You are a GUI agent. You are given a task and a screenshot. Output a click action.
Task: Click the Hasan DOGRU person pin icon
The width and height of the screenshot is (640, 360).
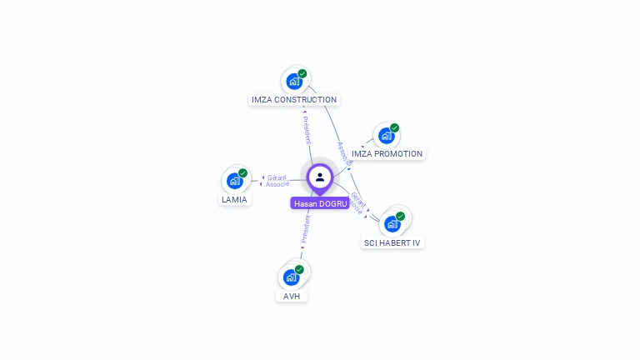(320, 177)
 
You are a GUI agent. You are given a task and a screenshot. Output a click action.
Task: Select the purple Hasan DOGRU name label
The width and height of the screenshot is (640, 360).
(321, 203)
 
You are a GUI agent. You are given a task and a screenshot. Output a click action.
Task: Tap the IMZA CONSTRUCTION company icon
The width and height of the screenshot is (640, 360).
(293, 81)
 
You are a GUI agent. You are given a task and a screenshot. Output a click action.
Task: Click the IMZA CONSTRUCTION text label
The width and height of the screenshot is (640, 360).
(294, 100)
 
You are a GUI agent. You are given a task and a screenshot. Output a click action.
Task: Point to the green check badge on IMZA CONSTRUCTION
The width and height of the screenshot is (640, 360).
(302, 73)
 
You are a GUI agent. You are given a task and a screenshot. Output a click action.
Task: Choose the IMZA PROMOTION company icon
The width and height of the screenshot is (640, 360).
(386, 136)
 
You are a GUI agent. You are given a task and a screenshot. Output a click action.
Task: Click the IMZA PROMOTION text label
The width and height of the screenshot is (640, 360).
(387, 154)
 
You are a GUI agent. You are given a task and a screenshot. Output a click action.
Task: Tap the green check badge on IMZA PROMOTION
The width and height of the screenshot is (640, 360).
(394, 128)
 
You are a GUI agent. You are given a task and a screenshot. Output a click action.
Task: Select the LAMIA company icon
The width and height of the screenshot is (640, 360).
(234, 181)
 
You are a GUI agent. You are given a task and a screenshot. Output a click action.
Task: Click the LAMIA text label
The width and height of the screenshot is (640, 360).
(234, 200)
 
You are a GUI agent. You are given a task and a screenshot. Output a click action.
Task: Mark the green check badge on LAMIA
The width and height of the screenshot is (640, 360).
(242, 173)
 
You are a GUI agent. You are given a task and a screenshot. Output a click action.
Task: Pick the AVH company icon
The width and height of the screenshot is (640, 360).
(291, 277)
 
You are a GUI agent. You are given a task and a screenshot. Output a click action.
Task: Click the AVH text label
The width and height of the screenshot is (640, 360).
(291, 297)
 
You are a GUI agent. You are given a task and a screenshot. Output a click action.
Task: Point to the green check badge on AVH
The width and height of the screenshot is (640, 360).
(299, 269)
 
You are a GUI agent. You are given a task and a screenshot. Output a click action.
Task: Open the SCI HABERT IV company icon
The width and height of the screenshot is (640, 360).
(392, 223)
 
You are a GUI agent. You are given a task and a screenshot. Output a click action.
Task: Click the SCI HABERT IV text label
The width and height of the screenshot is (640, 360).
(392, 243)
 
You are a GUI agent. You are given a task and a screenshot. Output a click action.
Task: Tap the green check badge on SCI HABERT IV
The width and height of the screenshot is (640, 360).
(400, 216)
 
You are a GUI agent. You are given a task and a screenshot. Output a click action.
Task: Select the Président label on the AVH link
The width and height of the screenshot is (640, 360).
(304, 231)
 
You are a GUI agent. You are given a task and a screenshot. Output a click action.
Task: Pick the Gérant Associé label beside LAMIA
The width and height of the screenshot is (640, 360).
(277, 181)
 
